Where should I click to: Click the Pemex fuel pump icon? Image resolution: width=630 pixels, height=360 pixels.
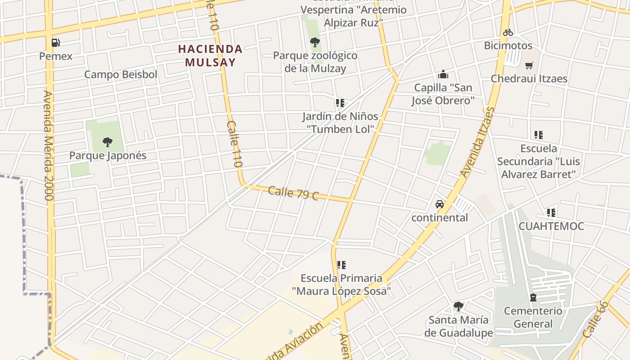pos(56,42)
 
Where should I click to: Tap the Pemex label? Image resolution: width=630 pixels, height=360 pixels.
pos(56,56)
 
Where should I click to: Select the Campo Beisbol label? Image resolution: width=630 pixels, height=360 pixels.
pos(121,74)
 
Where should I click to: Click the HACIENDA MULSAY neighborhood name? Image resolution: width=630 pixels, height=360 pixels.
pos(210,55)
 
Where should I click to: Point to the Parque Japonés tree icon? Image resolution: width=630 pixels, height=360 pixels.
pos(107,142)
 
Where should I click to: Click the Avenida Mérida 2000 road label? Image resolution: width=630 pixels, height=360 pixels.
pos(49,145)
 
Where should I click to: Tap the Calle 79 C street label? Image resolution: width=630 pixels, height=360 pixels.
pos(293,193)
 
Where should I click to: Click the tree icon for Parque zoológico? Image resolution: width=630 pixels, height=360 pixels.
pos(315,42)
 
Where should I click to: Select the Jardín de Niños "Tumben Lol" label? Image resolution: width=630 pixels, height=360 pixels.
pos(340,122)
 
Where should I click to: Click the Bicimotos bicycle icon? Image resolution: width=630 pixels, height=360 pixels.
pos(508,32)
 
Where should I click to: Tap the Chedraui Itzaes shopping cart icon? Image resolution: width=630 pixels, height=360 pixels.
pos(529,65)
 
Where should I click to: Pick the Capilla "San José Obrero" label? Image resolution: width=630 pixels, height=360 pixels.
pos(443,94)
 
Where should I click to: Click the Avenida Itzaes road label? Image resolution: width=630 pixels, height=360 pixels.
pos(477,142)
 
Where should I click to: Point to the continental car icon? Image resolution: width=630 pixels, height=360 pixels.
pos(440,204)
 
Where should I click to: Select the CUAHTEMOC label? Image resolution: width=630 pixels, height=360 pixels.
pos(551,226)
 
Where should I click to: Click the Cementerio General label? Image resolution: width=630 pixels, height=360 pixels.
pos(533,317)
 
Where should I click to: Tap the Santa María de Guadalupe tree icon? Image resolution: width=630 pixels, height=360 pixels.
pos(459,306)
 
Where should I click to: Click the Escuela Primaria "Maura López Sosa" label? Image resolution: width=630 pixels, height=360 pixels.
pos(341,284)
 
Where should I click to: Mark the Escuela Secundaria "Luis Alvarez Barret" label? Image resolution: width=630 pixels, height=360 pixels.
pos(539,161)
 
